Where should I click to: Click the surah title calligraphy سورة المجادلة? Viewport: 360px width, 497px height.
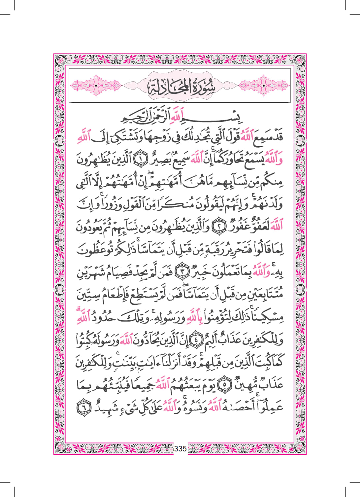[x=180, y=85]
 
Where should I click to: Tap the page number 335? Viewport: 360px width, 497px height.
[x=180, y=448]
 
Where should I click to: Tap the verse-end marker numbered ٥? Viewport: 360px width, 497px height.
[x=226, y=384]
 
